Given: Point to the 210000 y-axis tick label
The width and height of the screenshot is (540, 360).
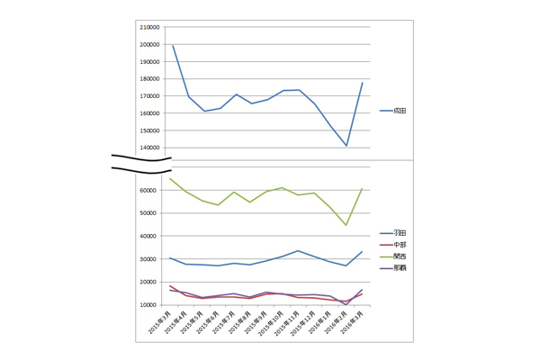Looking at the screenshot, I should [x=149, y=27].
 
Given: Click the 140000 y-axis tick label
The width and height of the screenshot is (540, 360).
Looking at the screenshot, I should [x=149, y=148].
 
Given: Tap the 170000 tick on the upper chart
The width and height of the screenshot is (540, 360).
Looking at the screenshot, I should [x=149, y=96].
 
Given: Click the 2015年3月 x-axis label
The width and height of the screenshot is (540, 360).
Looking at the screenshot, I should [x=159, y=323].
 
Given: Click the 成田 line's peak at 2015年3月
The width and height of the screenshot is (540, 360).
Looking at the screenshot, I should [x=172, y=45].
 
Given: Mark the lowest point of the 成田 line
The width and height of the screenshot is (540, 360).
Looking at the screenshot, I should [x=346, y=146].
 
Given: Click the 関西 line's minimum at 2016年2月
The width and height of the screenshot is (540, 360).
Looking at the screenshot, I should [x=346, y=225].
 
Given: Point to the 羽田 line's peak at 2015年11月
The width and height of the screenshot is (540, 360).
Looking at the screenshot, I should [x=298, y=251].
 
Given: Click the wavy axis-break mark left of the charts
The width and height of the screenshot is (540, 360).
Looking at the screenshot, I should [x=141, y=162].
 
